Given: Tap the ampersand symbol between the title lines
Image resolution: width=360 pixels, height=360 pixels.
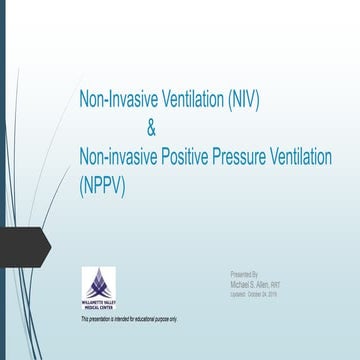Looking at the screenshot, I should [151, 129].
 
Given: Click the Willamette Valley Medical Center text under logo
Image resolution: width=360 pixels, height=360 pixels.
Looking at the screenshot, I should [98, 305].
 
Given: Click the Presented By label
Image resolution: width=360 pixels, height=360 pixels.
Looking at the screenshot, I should [244, 272].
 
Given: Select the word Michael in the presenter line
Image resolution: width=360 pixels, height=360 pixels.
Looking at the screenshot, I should [241, 282].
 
